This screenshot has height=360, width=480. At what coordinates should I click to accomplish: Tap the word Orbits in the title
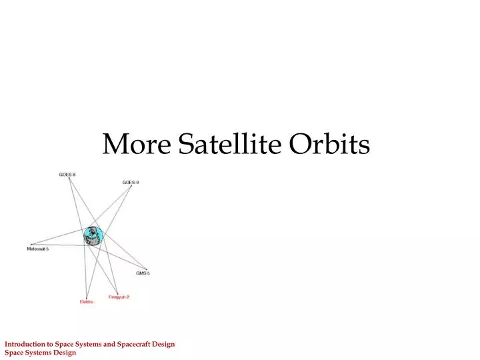coord(329,144)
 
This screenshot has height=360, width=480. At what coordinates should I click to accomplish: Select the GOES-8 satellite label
coord(67,175)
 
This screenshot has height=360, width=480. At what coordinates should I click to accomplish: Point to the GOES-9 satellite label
coord(131,182)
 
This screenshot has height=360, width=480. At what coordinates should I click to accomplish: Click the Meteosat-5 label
coord(38,249)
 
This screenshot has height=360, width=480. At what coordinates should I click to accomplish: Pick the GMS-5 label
coord(143,273)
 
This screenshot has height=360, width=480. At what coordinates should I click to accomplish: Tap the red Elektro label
coord(87,302)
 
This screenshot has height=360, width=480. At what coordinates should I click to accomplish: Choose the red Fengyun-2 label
coord(119,297)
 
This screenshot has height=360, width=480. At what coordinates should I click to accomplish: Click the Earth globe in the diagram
coord(93,235)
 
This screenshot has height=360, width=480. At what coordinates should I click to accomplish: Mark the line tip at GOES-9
coord(131,186)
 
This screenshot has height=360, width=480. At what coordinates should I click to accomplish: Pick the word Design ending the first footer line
coord(163,344)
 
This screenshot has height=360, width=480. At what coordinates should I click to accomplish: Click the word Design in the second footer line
coord(65,353)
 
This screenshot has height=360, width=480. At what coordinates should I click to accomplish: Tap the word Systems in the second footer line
coord(38,353)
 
